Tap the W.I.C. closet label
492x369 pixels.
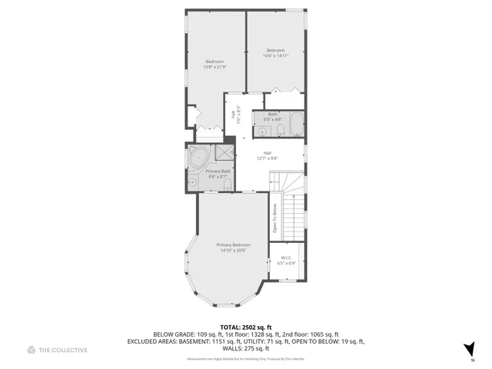point(286,260)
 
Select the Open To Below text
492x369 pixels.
point(274,218)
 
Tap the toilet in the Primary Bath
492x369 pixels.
point(228,183)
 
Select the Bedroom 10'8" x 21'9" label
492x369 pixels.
point(214,65)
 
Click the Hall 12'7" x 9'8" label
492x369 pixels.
point(267,155)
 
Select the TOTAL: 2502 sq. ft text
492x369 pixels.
point(246,327)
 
